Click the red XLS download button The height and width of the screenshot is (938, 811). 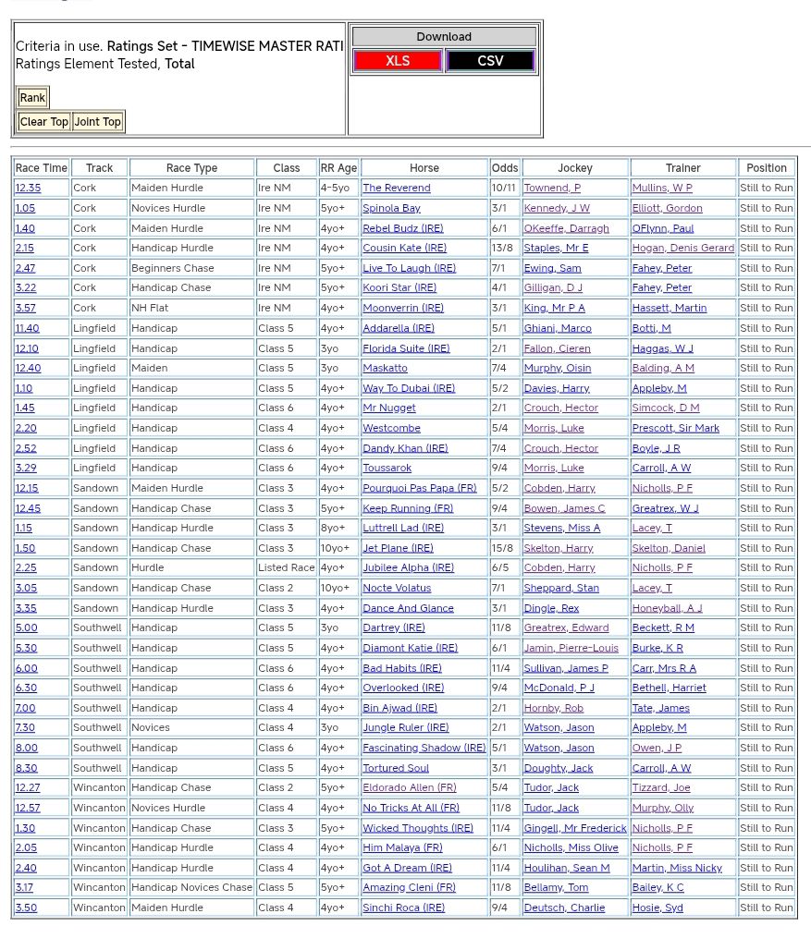tap(398, 61)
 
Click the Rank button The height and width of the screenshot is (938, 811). tap(32, 98)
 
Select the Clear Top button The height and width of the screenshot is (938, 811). tap(43, 122)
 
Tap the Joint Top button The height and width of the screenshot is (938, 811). tap(97, 122)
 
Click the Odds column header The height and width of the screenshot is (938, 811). tap(505, 168)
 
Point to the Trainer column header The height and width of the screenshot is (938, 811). tap(682, 168)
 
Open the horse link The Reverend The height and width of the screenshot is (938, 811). tap(396, 188)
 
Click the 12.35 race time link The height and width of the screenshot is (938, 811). tap(28, 188)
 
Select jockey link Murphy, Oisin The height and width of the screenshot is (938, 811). tap(557, 368)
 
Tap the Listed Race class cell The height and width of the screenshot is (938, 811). tap(286, 567)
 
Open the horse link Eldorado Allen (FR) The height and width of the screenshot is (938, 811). tap(409, 787)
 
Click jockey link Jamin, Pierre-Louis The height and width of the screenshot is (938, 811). tap(571, 648)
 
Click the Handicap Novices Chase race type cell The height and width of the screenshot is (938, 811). tap(191, 887)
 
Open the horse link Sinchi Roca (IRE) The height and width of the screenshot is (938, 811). tap(403, 908)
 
